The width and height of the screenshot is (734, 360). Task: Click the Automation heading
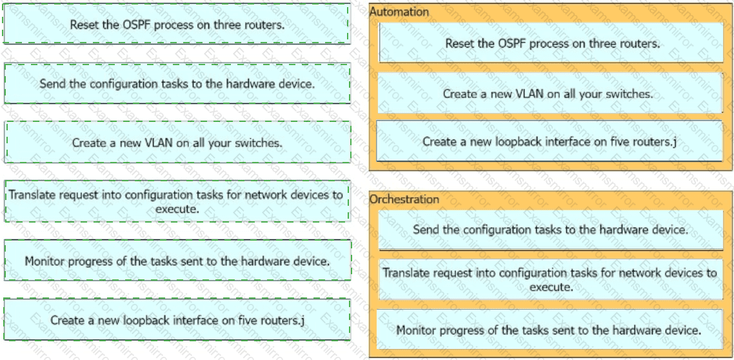399,12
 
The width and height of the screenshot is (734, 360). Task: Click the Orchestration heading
404,199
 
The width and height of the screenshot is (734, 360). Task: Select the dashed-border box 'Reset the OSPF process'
177,24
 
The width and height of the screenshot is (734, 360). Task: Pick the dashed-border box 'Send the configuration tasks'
177,84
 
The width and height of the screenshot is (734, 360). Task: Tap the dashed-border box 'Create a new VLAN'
177,143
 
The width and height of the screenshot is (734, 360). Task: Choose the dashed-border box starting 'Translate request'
177,201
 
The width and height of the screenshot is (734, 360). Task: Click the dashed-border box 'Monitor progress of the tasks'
177,261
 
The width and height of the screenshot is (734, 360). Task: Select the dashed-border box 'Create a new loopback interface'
177,320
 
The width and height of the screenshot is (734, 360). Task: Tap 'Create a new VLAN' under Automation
550,93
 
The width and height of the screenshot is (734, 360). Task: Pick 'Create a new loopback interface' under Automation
550,141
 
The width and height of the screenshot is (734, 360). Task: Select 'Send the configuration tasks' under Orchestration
551,230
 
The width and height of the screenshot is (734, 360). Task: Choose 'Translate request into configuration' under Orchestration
551,279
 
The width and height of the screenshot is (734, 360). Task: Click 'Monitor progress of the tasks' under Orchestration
550,330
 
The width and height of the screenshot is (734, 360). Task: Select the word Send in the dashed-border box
52,85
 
